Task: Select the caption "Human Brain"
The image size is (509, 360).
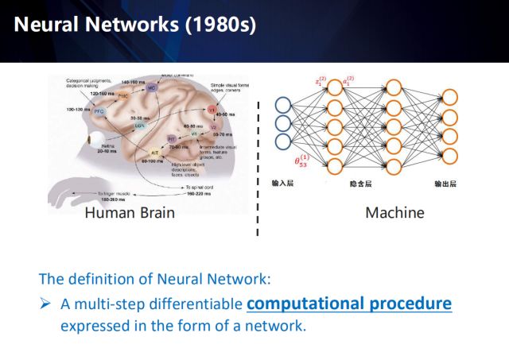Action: (129, 213)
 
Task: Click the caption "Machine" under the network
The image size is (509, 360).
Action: (394, 213)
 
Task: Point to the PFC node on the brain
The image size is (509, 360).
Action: (99, 112)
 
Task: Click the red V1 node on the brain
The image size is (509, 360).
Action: (212, 109)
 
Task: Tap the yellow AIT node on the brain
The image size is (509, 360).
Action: (156, 152)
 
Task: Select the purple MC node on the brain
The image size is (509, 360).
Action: (151, 89)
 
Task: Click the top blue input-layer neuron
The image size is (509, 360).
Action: (283, 104)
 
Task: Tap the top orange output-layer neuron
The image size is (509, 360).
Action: (450, 98)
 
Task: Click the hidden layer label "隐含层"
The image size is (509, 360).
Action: (361, 184)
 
